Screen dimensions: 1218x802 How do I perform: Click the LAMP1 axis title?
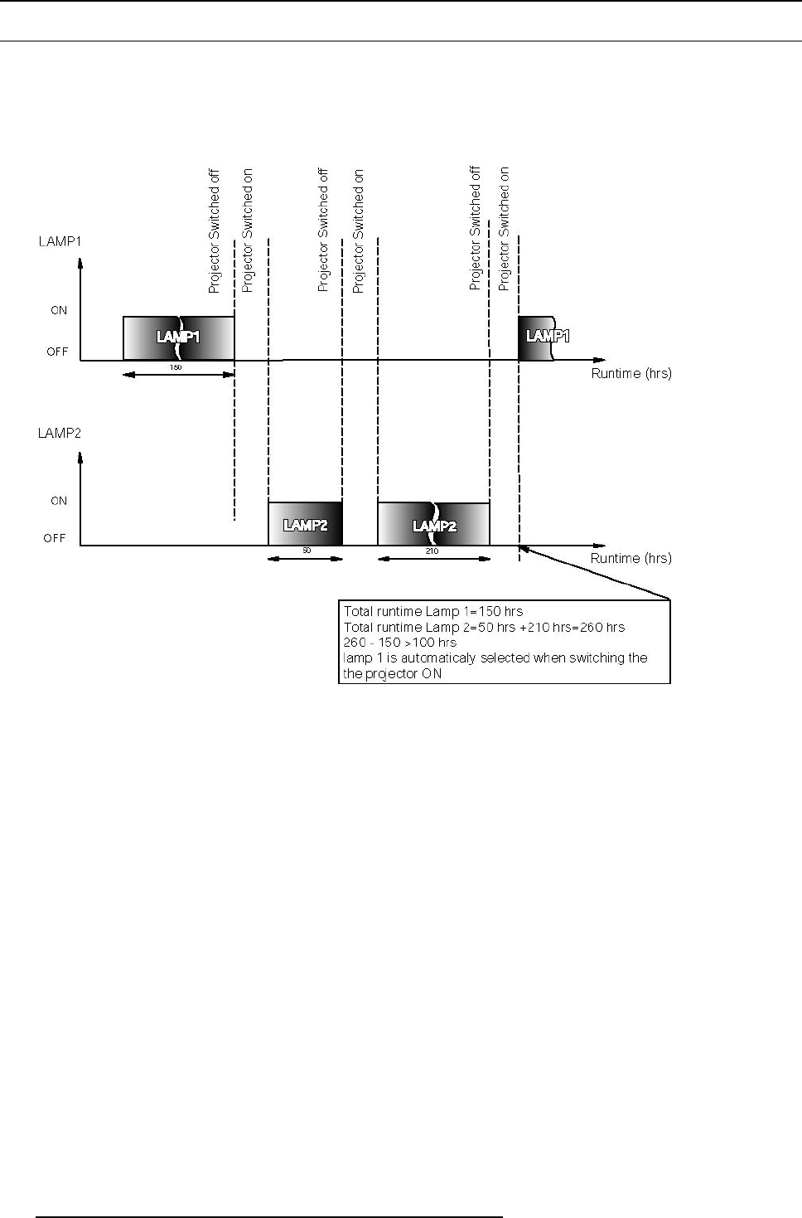tap(59, 241)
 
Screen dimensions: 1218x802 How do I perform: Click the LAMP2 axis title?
tap(59, 433)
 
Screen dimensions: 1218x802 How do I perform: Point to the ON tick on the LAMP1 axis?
tap(59, 310)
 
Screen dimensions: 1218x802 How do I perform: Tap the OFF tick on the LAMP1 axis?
tap(57, 352)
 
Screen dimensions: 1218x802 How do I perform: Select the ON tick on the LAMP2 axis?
tap(59, 501)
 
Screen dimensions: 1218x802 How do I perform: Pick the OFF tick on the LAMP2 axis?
tap(55, 538)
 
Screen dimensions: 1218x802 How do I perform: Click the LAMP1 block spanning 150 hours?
tap(178, 338)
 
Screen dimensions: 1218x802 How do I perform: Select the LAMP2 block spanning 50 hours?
tap(305, 524)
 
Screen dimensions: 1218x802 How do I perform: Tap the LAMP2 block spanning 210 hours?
tap(433, 524)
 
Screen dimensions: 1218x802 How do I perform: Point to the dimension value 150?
tap(176, 366)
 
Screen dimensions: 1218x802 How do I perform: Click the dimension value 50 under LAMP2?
tap(306, 551)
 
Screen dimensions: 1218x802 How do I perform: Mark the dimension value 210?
tap(432, 551)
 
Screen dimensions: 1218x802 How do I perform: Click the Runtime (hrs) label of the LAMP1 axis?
tap(631, 373)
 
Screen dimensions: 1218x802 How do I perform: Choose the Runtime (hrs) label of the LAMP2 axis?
tap(631, 558)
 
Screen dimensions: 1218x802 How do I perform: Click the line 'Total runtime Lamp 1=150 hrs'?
tap(433, 611)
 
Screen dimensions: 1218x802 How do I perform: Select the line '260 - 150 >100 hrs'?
tap(399, 643)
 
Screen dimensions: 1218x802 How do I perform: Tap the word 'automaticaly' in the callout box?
tap(436, 658)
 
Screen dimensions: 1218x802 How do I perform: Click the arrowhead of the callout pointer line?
tap(523, 547)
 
